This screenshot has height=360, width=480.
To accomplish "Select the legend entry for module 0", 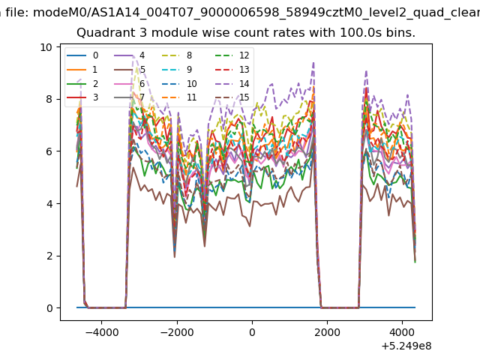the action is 82,55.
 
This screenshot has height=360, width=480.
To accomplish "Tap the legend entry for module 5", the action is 130,70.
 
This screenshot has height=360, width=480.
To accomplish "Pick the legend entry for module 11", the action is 178,97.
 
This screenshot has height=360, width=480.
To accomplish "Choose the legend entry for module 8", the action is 177,55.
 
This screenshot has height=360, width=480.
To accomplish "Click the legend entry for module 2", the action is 82,83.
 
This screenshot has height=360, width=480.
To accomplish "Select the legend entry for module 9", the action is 177,70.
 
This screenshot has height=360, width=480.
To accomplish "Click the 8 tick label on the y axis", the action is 49,100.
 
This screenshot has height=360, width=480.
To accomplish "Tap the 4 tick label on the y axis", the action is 49,204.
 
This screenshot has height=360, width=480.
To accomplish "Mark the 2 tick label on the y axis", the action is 49,256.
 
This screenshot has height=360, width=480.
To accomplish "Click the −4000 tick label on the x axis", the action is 102,332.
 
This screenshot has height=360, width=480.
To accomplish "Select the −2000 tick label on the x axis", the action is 177,332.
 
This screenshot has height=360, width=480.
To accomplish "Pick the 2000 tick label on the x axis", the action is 327,332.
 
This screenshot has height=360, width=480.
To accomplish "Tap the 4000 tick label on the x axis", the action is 402,332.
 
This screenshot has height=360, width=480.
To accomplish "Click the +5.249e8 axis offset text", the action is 406,346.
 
